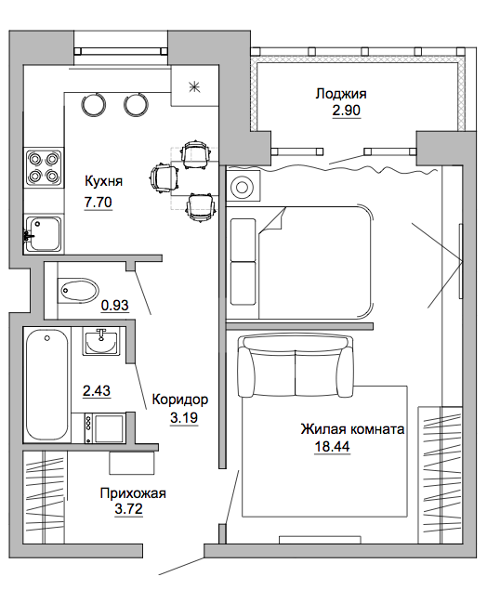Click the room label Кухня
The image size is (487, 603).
tap(103, 181)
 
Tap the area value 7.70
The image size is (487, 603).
tap(99, 202)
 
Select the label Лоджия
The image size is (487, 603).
tap(341, 94)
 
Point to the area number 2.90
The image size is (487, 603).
tap(347, 111)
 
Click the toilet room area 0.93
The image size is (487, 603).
tap(114, 306)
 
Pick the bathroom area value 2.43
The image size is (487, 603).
tap(97, 391)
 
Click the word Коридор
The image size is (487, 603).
tap(180, 400)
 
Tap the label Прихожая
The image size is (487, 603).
tap(133, 493)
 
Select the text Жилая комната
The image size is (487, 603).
tap(352, 429)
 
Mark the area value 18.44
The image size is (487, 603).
tap(332, 447)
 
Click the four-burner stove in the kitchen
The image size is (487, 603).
tap(44, 167)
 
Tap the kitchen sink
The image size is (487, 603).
tap(43, 234)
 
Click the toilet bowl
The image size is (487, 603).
tap(77, 291)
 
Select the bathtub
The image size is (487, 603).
tap(46, 385)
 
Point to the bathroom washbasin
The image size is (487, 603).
tap(101, 342)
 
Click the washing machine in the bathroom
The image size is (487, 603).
tap(104, 428)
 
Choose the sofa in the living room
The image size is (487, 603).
tap(295, 365)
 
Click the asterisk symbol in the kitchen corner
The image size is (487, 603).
tap(194, 87)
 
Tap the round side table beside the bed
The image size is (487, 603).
tap(243, 188)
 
